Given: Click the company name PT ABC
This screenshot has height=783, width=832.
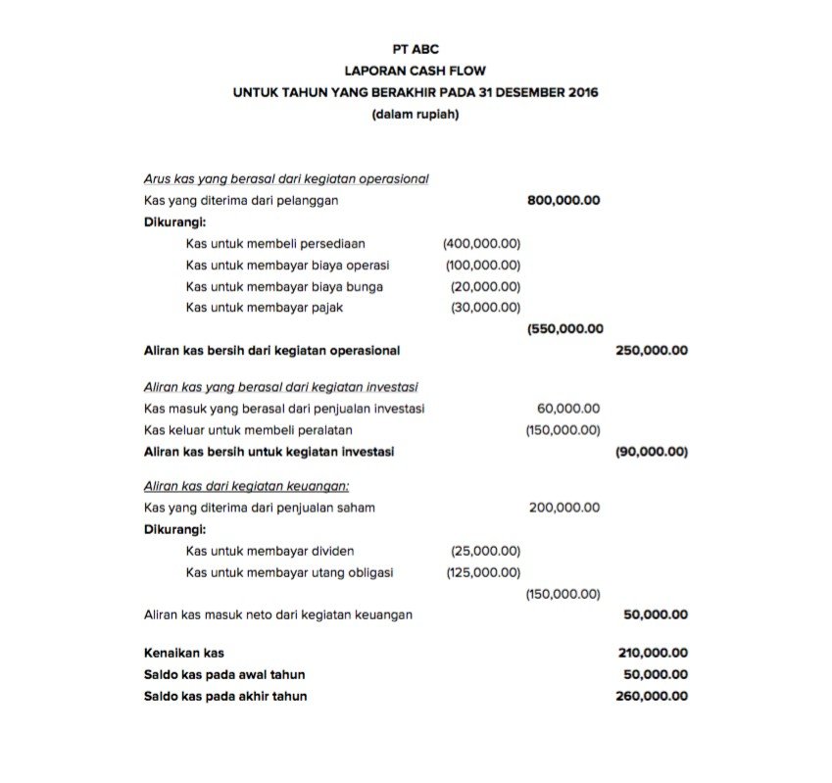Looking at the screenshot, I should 415,48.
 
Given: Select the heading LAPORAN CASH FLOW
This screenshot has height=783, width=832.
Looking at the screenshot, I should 415,71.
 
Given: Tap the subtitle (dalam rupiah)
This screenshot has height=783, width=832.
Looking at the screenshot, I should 415,115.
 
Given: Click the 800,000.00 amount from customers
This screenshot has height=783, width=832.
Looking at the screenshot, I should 563,200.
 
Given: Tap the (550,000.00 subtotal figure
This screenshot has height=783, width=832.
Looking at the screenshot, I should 564,329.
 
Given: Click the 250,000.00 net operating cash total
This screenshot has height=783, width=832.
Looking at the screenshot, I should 652,350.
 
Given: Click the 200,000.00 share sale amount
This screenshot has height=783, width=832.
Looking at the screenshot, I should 564,508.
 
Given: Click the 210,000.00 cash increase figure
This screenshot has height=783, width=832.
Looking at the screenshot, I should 652,653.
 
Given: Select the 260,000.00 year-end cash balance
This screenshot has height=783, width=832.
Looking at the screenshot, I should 652,696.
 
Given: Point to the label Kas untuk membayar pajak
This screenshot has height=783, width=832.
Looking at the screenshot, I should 265,308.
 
